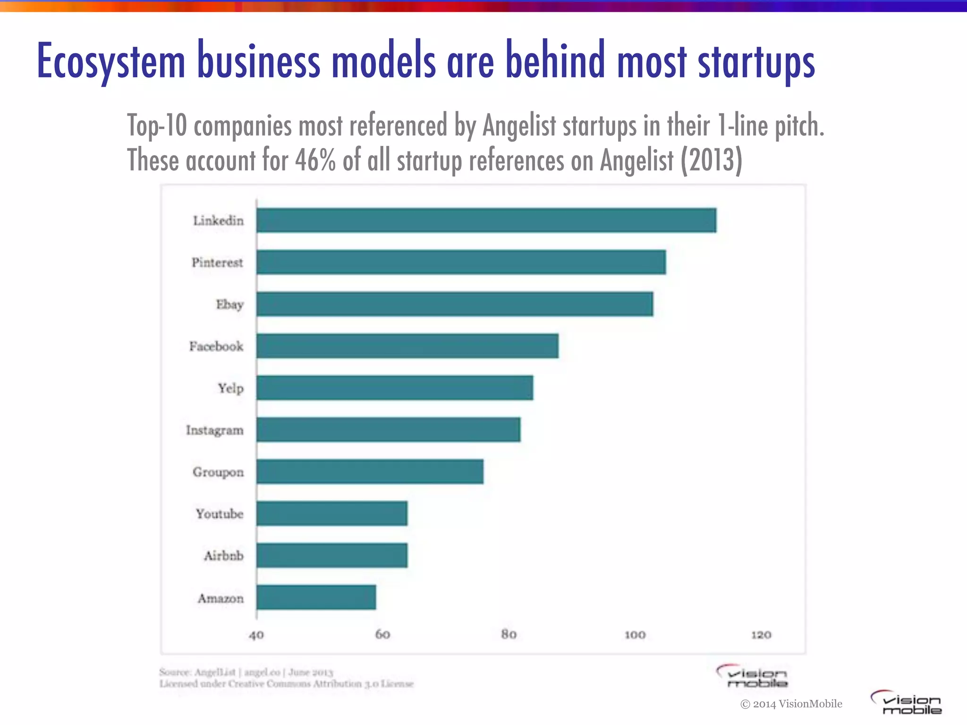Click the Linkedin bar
[x=486, y=220]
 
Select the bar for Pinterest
[x=461, y=262]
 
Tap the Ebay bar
[x=455, y=304]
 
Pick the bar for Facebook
[x=407, y=346]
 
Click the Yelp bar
[x=395, y=388]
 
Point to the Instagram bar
[x=389, y=430]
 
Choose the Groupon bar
[x=370, y=472]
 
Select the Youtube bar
[x=332, y=514]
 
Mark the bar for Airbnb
[x=332, y=556]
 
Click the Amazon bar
[x=316, y=598]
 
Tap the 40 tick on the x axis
[x=256, y=635]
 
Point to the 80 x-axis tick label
[x=509, y=634]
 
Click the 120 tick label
[x=761, y=635]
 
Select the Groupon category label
[x=218, y=472]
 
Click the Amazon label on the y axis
[x=221, y=599]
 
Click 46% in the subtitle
[x=315, y=160]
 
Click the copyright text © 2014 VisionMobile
[x=791, y=704]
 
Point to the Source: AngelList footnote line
[x=246, y=672]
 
